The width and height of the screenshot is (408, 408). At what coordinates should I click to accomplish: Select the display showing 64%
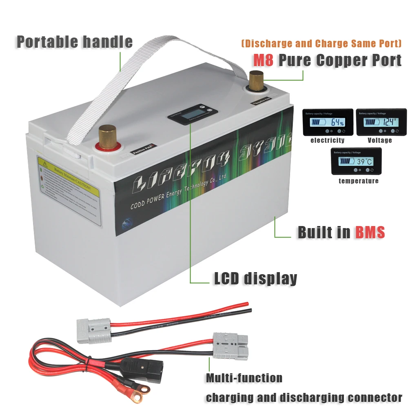tap(328, 122)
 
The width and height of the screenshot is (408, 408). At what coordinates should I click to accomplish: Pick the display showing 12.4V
tap(381, 122)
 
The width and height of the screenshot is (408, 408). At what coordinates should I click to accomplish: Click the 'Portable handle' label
tap(75, 42)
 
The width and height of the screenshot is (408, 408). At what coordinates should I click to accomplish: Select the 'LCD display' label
tap(255, 278)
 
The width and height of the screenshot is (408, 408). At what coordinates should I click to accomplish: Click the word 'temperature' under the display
tap(358, 181)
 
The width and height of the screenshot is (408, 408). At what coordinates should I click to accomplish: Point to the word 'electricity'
tap(327, 140)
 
